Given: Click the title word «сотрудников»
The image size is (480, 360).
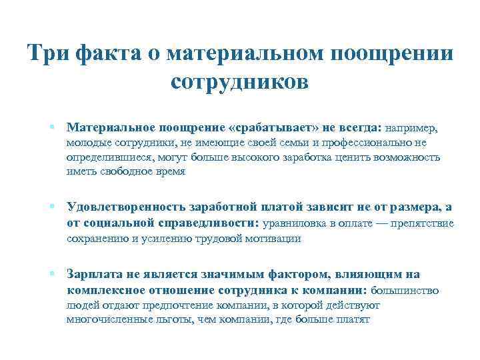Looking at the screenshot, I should tap(240, 83).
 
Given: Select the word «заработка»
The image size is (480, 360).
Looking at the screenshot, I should tap(303, 157).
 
